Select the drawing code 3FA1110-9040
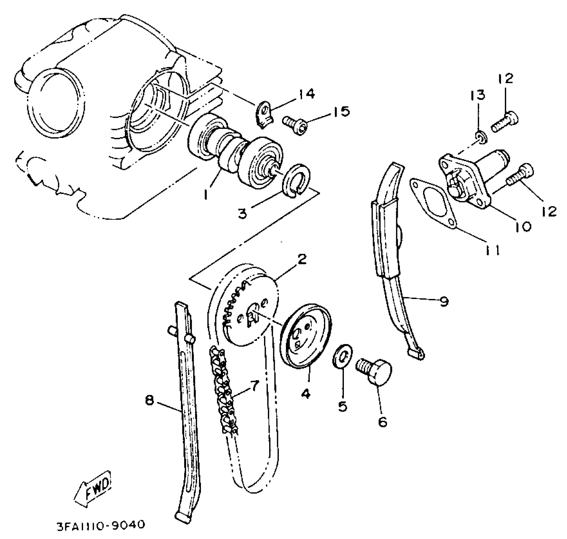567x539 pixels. pos(101,525)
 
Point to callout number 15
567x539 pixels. pos(341,112)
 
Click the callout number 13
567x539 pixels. pos(479,95)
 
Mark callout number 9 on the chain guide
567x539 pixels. pos(444,301)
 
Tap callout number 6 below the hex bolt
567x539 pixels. pos(383,422)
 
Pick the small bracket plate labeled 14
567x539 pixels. pos(264,114)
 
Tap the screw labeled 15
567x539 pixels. pos(295,126)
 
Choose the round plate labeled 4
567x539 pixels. pos(306,336)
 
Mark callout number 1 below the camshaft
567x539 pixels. pos(206,194)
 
